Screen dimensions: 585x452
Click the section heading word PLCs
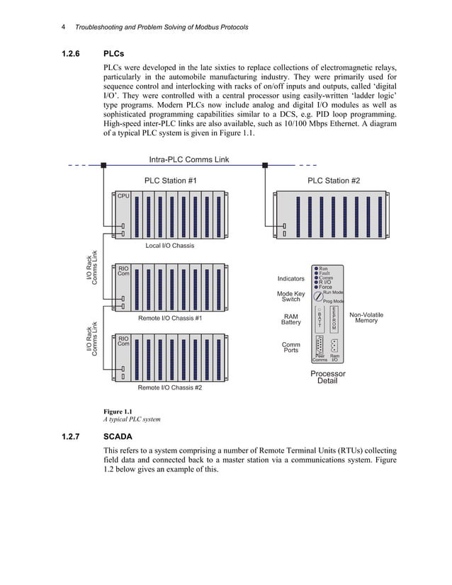pos(114,53)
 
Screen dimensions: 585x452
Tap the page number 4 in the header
pos(63,27)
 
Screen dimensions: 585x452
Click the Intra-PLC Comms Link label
pos(189,159)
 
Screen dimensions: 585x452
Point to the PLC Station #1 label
pos(170,181)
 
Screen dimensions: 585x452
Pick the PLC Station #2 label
pos(333,181)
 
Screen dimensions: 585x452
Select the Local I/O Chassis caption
pos(169,246)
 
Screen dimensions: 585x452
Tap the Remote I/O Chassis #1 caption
pos(169,318)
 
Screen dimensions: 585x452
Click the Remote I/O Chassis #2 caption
pos(169,387)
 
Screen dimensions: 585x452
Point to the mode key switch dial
pos(318,296)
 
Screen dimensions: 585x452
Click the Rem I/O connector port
pos(334,346)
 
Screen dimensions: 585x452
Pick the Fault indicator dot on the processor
pos(316,273)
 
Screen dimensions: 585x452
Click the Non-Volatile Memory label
pos(366,317)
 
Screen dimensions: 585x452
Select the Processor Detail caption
pos(327,377)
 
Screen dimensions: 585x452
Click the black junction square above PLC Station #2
pos(265,165)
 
